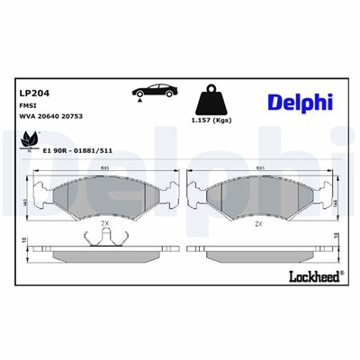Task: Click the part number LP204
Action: coord(33,92)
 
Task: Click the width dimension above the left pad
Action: coord(105,167)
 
